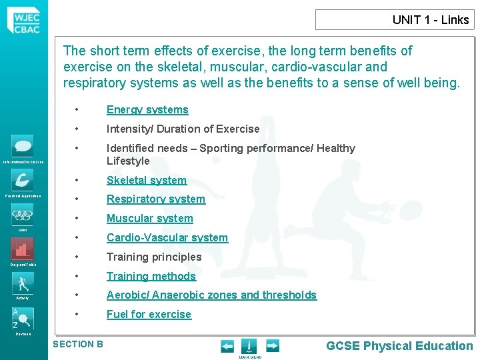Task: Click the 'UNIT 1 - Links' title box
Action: (395, 20)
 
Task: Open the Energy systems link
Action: (147, 110)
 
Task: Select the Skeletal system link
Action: (147, 180)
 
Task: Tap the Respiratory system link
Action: (156, 199)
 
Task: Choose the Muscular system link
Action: (150, 219)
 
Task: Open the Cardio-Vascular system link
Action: (167, 238)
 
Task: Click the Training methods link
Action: (151, 276)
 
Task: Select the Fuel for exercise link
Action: (149, 315)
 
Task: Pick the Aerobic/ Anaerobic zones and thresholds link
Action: (211, 295)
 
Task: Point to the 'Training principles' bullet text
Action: (154, 257)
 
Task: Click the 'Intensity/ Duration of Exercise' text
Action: (183, 129)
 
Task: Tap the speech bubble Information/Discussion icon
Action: (23, 146)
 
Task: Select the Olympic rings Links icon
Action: (23, 215)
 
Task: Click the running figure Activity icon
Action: (23, 283)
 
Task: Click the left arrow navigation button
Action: (227, 346)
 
